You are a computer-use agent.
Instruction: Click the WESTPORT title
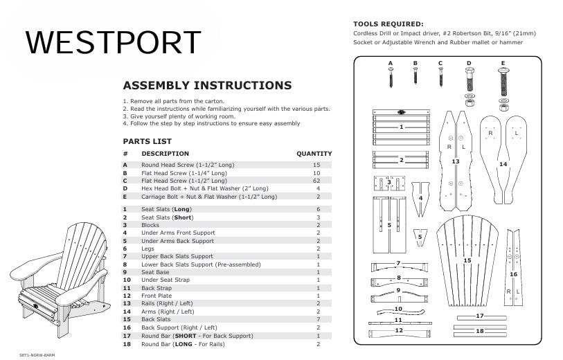114,43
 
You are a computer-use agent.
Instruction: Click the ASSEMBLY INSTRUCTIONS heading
207,86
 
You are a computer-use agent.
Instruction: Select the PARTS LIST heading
148,141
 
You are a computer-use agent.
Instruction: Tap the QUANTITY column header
314,154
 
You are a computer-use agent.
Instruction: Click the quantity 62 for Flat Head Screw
316,180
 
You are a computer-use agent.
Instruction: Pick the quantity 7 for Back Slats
318,319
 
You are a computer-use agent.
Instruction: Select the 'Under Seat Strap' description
166,280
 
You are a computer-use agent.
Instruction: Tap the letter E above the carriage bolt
502,64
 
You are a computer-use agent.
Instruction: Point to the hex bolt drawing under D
469,84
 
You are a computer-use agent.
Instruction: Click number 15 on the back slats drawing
467,260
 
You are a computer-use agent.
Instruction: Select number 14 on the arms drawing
503,164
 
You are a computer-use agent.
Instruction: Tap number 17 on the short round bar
479,316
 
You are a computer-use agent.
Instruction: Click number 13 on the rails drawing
455,161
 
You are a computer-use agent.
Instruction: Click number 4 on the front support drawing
421,198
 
